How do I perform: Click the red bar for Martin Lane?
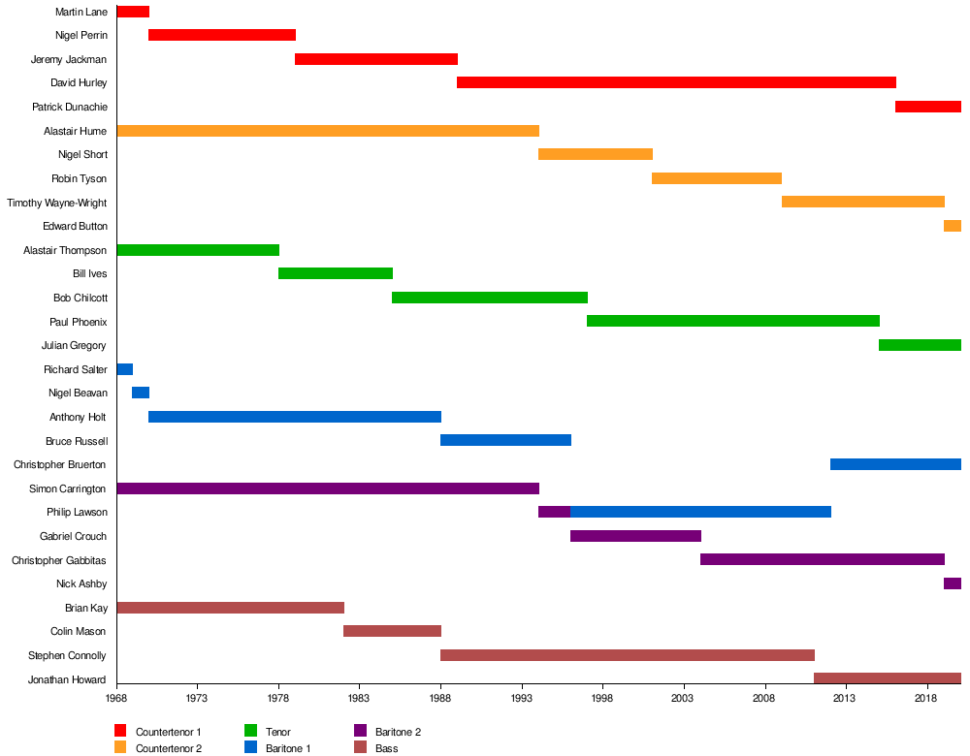(x=133, y=12)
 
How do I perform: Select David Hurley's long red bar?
(x=676, y=82)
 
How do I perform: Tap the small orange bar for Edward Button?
(x=953, y=226)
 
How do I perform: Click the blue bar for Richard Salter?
(x=125, y=369)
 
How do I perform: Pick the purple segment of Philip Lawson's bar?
(x=554, y=512)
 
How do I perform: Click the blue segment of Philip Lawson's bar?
(x=700, y=512)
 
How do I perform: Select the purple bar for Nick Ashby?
(x=953, y=583)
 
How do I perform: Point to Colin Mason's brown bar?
(x=392, y=631)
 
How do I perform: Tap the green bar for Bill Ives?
(x=336, y=273)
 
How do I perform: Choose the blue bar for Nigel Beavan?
(x=141, y=393)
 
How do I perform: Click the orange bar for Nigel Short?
(x=596, y=154)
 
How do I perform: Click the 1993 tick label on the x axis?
(x=522, y=699)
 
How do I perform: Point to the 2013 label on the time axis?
(x=845, y=699)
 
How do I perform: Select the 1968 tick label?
(x=117, y=699)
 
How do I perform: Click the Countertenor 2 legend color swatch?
(x=120, y=747)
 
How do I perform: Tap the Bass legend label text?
(x=387, y=748)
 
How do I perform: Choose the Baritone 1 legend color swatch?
(x=250, y=747)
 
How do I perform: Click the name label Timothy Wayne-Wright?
(x=57, y=203)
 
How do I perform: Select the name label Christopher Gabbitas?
(x=59, y=560)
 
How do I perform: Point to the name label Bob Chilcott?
(x=81, y=298)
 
